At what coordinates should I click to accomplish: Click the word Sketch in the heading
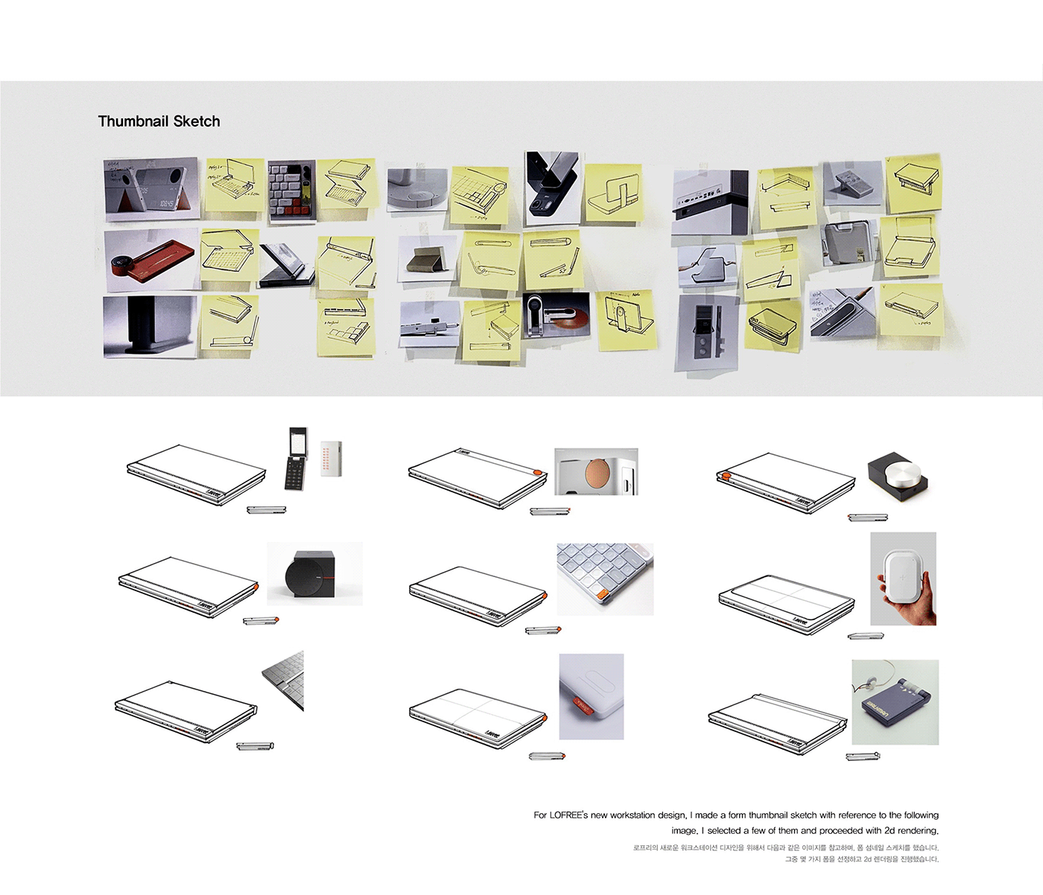coord(197,121)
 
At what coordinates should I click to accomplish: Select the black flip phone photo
coord(297,459)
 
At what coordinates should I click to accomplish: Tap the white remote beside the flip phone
coord(330,458)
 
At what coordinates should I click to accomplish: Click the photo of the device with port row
coord(708,200)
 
